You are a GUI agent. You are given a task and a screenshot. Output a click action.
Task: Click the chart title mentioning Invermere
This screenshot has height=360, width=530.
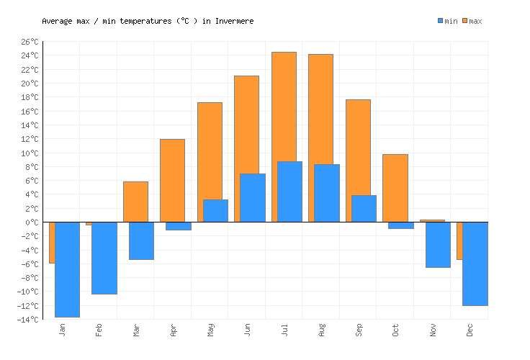point(148,21)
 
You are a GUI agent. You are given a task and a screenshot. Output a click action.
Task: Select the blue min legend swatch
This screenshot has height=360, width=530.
point(440,21)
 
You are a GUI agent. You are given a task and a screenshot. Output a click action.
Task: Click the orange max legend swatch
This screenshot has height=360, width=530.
point(465,21)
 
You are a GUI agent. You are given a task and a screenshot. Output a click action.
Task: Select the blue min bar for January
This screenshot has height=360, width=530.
point(67,269)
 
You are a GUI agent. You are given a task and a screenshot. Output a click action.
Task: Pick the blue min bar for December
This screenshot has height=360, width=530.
point(475,264)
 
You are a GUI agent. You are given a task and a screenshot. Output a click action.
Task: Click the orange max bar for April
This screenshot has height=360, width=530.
point(172,180)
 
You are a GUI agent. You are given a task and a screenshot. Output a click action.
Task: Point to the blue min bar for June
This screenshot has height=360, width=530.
point(253,197)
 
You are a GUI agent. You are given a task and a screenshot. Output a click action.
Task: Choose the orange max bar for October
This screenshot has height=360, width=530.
point(395,188)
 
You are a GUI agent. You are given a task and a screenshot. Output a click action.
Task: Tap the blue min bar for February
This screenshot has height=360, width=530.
point(104,258)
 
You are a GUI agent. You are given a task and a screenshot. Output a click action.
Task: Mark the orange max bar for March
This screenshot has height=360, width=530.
point(135,202)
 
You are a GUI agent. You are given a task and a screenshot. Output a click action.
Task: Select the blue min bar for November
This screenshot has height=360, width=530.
point(438,245)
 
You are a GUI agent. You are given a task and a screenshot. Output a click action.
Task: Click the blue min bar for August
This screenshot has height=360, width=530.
point(327,193)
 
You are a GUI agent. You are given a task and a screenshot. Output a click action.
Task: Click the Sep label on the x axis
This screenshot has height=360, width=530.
point(359,330)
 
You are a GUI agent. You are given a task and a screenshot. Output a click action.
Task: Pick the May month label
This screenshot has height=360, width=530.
point(210,330)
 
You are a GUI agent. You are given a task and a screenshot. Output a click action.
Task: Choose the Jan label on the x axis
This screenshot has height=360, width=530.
point(63,330)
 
